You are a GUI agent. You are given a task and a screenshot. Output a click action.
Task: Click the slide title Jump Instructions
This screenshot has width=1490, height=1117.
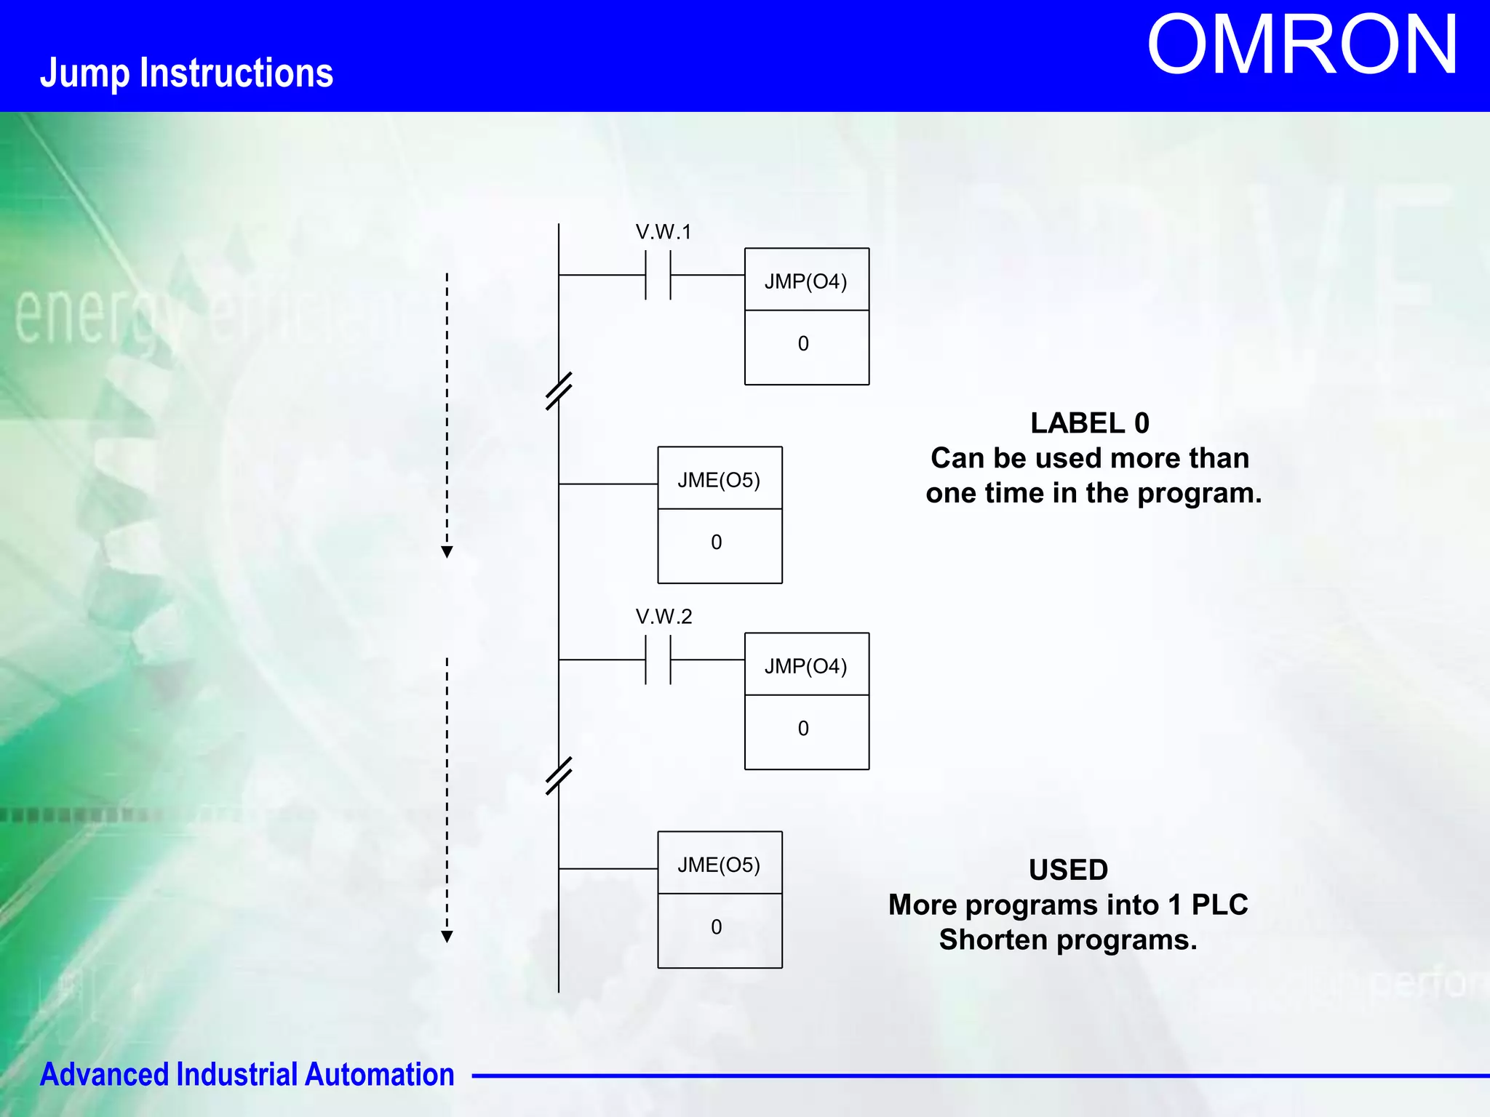[186, 73]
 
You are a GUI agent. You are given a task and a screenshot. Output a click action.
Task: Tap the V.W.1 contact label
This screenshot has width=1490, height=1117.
[663, 232]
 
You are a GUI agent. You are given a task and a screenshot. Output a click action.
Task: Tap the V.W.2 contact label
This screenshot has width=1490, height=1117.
[664, 617]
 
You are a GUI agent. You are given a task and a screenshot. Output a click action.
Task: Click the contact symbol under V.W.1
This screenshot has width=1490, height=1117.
[658, 276]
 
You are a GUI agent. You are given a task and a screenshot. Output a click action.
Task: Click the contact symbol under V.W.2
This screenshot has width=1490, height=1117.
[658, 660]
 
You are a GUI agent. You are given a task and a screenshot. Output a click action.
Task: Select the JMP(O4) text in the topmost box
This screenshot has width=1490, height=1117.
[805, 281]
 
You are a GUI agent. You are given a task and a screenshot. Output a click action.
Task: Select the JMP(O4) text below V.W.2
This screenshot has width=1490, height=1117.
[805, 666]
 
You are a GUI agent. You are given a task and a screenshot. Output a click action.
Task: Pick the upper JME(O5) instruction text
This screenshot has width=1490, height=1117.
[719, 480]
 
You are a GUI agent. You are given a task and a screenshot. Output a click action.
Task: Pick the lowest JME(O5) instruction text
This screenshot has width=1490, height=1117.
[719, 865]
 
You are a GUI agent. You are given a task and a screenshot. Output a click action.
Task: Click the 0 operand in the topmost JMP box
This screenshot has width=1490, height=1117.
[803, 344]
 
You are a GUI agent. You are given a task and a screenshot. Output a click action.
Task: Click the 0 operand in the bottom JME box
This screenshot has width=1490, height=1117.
[717, 927]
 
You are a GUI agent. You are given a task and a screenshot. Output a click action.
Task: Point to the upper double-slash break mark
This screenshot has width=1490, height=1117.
[559, 391]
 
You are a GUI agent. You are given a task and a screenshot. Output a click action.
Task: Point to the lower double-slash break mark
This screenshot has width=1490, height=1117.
[559, 776]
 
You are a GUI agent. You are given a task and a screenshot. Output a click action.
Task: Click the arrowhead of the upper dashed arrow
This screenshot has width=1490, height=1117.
[447, 552]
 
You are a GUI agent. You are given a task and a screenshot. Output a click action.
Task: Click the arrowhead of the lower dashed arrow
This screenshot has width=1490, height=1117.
[447, 937]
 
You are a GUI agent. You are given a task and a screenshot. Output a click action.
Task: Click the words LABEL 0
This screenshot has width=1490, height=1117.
[1089, 423]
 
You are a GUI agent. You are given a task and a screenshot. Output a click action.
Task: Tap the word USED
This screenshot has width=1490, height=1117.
[1068, 870]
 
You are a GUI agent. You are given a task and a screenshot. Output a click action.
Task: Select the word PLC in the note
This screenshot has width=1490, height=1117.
[1219, 905]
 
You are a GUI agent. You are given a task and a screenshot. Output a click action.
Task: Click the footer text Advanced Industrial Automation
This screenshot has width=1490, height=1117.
[247, 1075]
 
